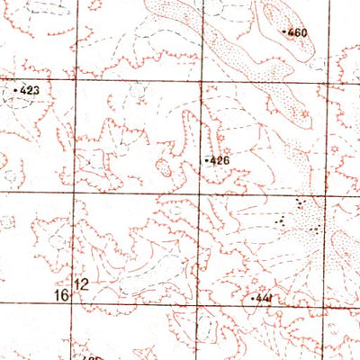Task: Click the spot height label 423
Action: click(x=30, y=90)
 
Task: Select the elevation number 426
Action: click(x=220, y=161)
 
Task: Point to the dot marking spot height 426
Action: click(x=208, y=161)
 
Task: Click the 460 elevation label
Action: click(x=298, y=33)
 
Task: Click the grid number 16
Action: click(x=61, y=294)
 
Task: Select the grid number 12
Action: click(x=83, y=284)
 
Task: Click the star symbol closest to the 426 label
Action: click(x=226, y=149)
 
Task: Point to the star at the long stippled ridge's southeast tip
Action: click(x=305, y=114)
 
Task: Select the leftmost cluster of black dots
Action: click(x=280, y=219)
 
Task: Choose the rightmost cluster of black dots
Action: click(x=315, y=230)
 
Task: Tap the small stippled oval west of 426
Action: click(x=165, y=166)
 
